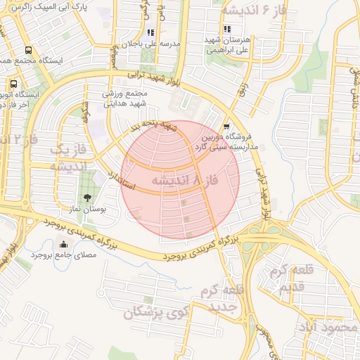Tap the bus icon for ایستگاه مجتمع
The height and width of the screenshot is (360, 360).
28,51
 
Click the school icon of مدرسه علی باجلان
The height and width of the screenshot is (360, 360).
150,32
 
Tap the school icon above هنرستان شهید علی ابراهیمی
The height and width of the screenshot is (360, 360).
227,29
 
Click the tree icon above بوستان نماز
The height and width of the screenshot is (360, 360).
87,198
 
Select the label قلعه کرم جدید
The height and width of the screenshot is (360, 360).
221,299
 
